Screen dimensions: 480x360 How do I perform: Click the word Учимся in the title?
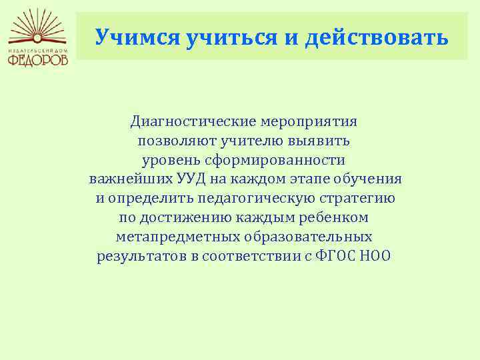point(137,38)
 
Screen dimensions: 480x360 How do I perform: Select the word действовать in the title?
point(377,37)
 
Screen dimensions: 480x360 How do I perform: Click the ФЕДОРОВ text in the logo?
point(37,60)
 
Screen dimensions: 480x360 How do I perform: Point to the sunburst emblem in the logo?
point(37,27)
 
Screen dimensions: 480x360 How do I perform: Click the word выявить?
point(319,141)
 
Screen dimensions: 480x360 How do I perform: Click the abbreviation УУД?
point(191,179)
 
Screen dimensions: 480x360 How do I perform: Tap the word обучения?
point(367,179)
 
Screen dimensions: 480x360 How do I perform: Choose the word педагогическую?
point(256,199)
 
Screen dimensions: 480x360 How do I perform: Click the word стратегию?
point(357,199)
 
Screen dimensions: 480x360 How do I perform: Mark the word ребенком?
point(333,217)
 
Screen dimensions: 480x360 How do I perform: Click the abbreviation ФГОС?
point(335,256)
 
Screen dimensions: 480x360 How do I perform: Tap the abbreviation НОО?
point(375,256)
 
